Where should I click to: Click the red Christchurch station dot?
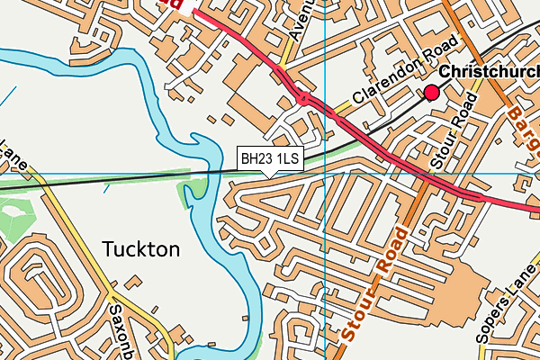[432, 92]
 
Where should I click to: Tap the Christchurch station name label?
[490, 72]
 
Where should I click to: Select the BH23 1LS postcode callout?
[269, 158]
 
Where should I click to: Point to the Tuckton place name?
[141, 248]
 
